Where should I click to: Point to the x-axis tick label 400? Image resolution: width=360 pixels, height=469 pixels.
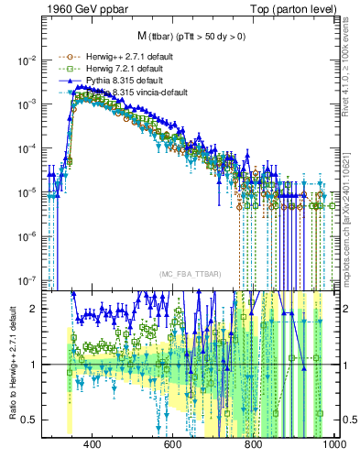point(92,444)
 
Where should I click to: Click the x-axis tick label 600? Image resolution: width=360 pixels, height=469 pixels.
point(172,444)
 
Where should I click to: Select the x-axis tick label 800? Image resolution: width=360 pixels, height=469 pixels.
point(254,444)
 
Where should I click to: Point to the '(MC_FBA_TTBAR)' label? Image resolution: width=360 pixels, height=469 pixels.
point(189,275)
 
